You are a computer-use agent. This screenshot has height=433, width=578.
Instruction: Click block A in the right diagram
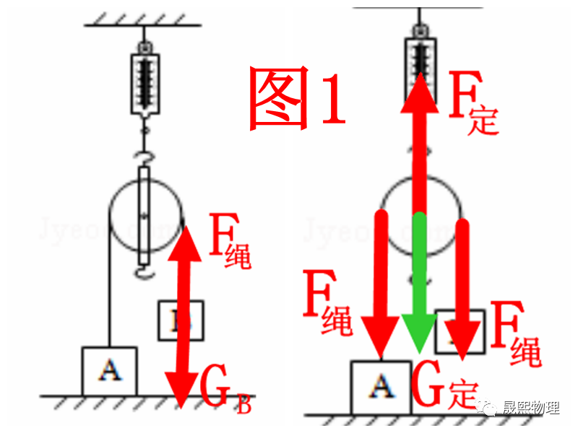[380, 387]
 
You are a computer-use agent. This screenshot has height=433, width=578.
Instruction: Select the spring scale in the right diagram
[419, 61]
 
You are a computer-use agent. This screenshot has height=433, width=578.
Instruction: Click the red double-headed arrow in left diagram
[184, 318]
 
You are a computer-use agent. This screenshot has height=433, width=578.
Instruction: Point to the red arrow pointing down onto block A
[381, 289]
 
